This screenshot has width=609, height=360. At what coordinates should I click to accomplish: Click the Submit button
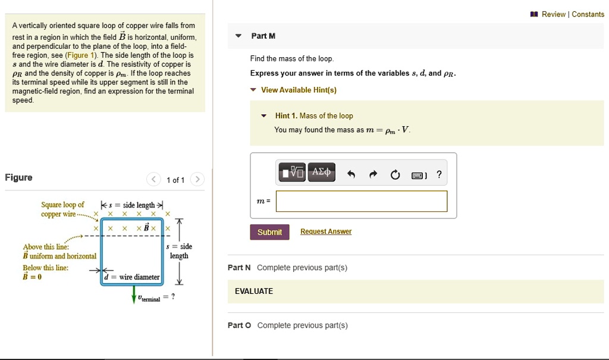[269, 232]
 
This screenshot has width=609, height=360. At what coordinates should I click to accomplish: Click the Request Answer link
[325, 231]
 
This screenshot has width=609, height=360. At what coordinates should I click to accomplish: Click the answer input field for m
[361, 201]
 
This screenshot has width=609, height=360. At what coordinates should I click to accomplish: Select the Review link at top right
[553, 14]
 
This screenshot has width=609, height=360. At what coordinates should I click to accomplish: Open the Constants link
[588, 14]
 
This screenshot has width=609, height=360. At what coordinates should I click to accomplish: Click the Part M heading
[263, 36]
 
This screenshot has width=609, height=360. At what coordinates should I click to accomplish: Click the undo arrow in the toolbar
[351, 174]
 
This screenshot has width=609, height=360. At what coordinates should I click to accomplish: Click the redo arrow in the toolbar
[373, 174]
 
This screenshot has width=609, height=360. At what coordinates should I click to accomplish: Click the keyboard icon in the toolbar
[417, 175]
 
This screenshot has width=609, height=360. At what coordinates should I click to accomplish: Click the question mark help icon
[439, 174]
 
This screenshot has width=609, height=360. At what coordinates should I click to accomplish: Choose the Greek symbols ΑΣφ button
[321, 173]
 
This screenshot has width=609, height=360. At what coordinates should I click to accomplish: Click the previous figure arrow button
[153, 180]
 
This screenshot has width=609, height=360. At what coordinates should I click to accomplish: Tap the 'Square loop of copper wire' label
[62, 209]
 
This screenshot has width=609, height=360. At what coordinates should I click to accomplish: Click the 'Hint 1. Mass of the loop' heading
[313, 116]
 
